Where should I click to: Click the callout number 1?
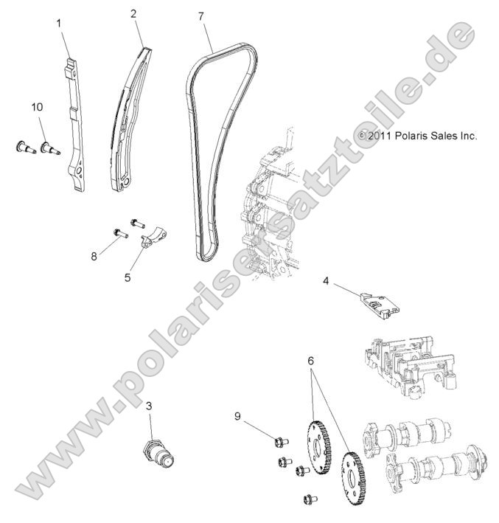pyautogui.click(x=59, y=23)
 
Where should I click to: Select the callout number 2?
pyautogui.click(x=133, y=14)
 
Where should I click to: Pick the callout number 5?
pyautogui.click(x=128, y=278)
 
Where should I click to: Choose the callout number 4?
pyautogui.click(x=325, y=280)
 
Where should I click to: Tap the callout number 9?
pyautogui.click(x=237, y=415)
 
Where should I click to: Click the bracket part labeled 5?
pyautogui.click(x=153, y=238)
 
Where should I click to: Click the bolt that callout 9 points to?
pyautogui.click(x=279, y=443)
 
